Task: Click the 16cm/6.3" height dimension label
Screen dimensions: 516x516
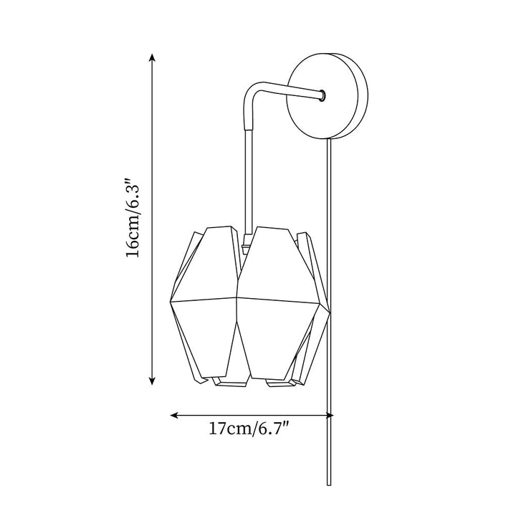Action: pyautogui.click(x=134, y=218)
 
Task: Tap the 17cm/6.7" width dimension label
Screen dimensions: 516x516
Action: pyautogui.click(x=249, y=429)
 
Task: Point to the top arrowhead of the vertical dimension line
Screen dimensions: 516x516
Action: pyautogui.click(x=152, y=57)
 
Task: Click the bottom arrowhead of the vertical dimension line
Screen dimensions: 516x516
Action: pyautogui.click(x=152, y=381)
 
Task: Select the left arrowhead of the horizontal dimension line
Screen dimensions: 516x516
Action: pyautogui.click(x=174, y=415)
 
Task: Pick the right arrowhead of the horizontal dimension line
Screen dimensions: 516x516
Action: pyautogui.click(x=330, y=415)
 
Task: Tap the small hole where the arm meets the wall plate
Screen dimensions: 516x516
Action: pyautogui.click(x=322, y=95)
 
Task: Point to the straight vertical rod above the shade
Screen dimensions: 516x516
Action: pyautogui.click(x=249, y=181)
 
